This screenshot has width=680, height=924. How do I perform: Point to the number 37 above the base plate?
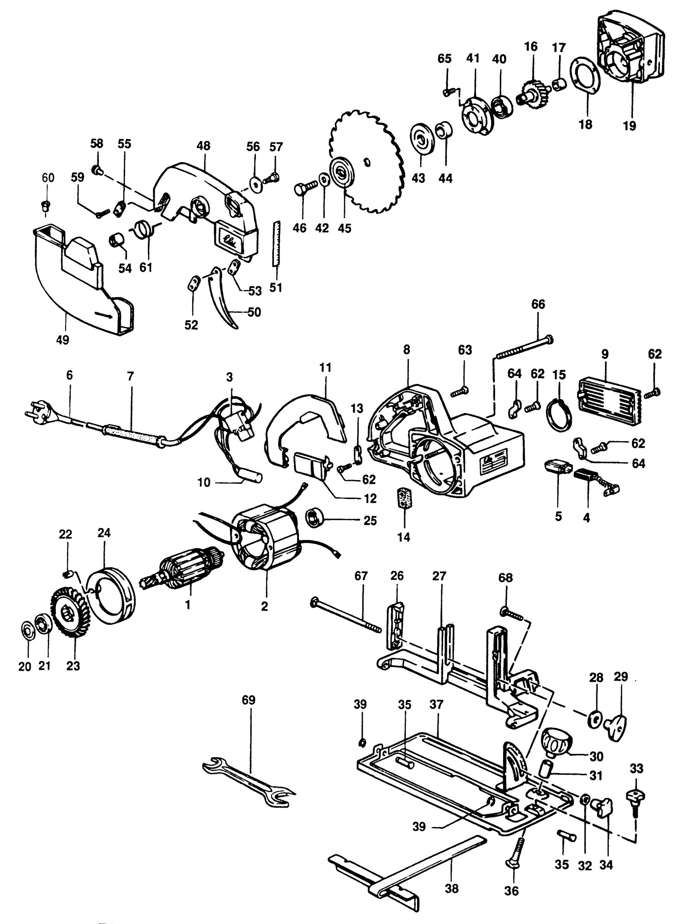click(436, 705)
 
